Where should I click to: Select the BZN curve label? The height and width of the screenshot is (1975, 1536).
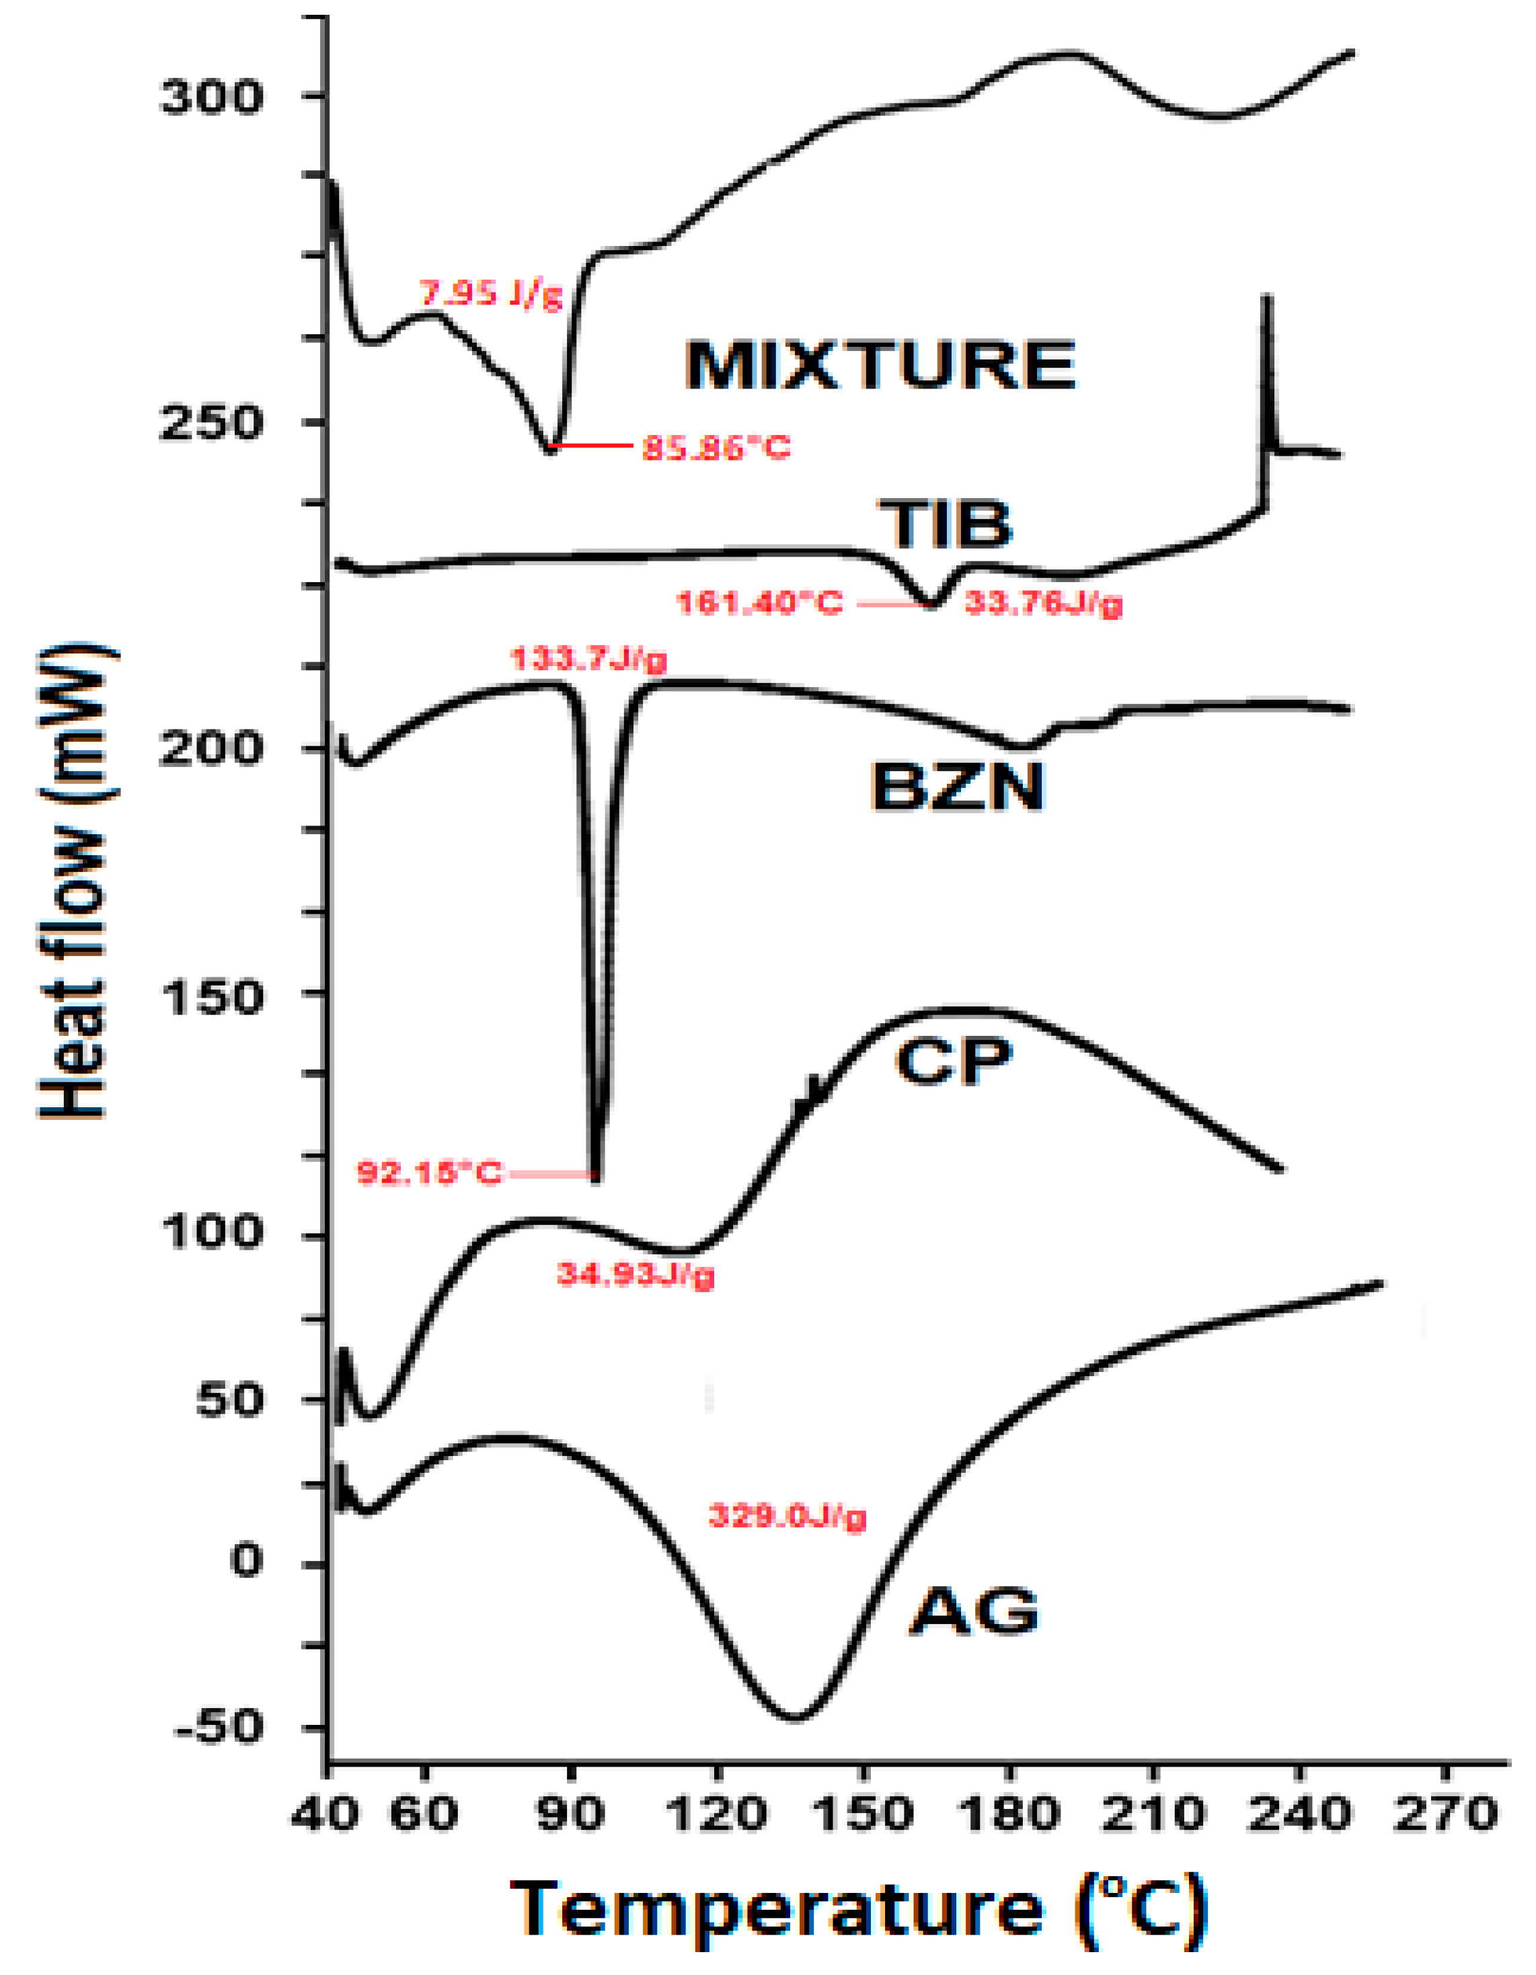coord(958,787)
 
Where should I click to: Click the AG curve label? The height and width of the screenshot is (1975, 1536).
coord(974,1611)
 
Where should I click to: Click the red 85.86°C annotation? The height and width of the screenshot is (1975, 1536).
coord(716,448)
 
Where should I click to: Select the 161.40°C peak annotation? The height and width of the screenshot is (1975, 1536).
coord(760,602)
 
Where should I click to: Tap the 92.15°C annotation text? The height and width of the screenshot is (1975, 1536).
coord(429,1174)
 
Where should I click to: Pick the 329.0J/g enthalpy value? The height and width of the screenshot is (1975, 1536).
coord(787,1516)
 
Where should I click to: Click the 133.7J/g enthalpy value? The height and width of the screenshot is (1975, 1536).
coord(589,659)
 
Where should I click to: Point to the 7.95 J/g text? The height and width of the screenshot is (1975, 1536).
coord(491,294)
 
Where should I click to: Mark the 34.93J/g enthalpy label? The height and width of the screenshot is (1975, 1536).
coord(635,1275)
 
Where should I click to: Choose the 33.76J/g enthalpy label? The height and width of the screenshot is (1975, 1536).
coord(1043,602)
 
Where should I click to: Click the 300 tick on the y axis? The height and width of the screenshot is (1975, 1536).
coord(210,97)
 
